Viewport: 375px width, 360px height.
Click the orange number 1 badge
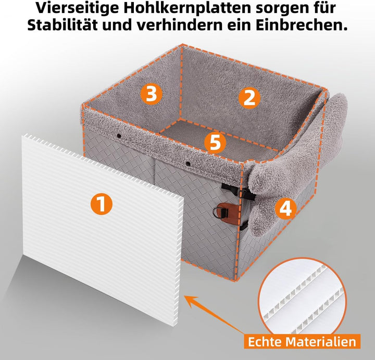pos(102,204)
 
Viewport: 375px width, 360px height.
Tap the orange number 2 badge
pos(249,98)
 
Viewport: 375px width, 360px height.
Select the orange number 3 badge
pos(152,94)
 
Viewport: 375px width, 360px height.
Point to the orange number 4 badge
pos(285,209)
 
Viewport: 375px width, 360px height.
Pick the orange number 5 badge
pos(215,143)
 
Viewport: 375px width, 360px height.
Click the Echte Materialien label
pos(302,341)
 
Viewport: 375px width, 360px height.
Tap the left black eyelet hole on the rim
pos(119,136)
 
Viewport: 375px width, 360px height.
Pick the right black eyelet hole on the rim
pos(188,164)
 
